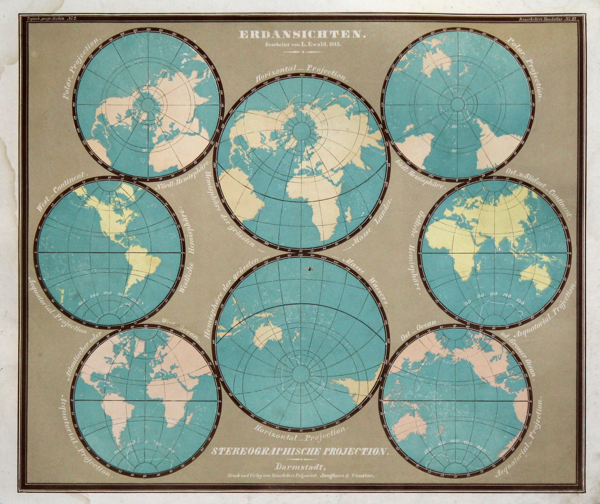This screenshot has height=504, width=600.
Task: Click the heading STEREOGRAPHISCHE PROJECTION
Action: pos(298,451)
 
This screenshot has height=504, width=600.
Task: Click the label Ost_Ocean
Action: pos(418,330)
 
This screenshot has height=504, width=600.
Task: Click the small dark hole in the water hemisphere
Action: pos(309,269)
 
